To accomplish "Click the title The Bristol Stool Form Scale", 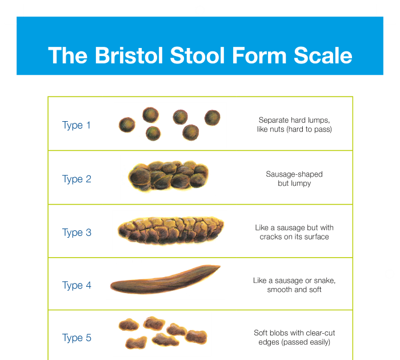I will point(200,55).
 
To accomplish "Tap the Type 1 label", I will point(76,125).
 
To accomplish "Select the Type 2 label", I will point(77,179).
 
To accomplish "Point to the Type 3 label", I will point(77,233).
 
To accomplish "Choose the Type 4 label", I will point(77,285).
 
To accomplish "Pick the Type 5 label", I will point(77,338).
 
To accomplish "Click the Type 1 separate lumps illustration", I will point(170,125).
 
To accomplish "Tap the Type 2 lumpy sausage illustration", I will point(169,177).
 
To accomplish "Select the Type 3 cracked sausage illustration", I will point(169,231).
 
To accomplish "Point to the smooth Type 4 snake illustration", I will point(165,280).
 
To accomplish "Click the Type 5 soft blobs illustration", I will point(162,334).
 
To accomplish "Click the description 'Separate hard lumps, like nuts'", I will point(294,125).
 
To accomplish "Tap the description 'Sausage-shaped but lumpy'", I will point(294,179).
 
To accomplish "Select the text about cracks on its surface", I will point(294,232).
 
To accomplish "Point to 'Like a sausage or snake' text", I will point(294,285).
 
